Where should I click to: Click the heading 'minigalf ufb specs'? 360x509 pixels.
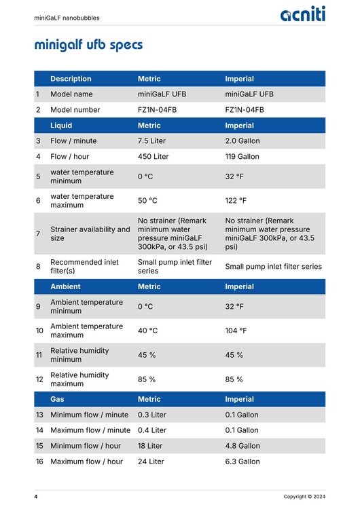88,45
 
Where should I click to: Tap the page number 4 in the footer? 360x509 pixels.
36,497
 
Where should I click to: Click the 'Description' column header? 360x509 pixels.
71,79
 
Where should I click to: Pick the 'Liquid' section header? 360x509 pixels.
61,126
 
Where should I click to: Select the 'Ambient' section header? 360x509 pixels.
65,286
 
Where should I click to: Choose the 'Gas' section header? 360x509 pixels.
58,399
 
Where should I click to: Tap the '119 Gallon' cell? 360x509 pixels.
242,157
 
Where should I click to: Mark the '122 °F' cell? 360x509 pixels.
236,201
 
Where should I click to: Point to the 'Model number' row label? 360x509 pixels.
75,110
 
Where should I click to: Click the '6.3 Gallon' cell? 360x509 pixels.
242,461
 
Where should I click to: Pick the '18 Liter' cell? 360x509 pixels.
150,446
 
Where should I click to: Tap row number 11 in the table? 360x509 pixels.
39,355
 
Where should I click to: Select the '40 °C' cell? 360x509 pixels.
149,331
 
